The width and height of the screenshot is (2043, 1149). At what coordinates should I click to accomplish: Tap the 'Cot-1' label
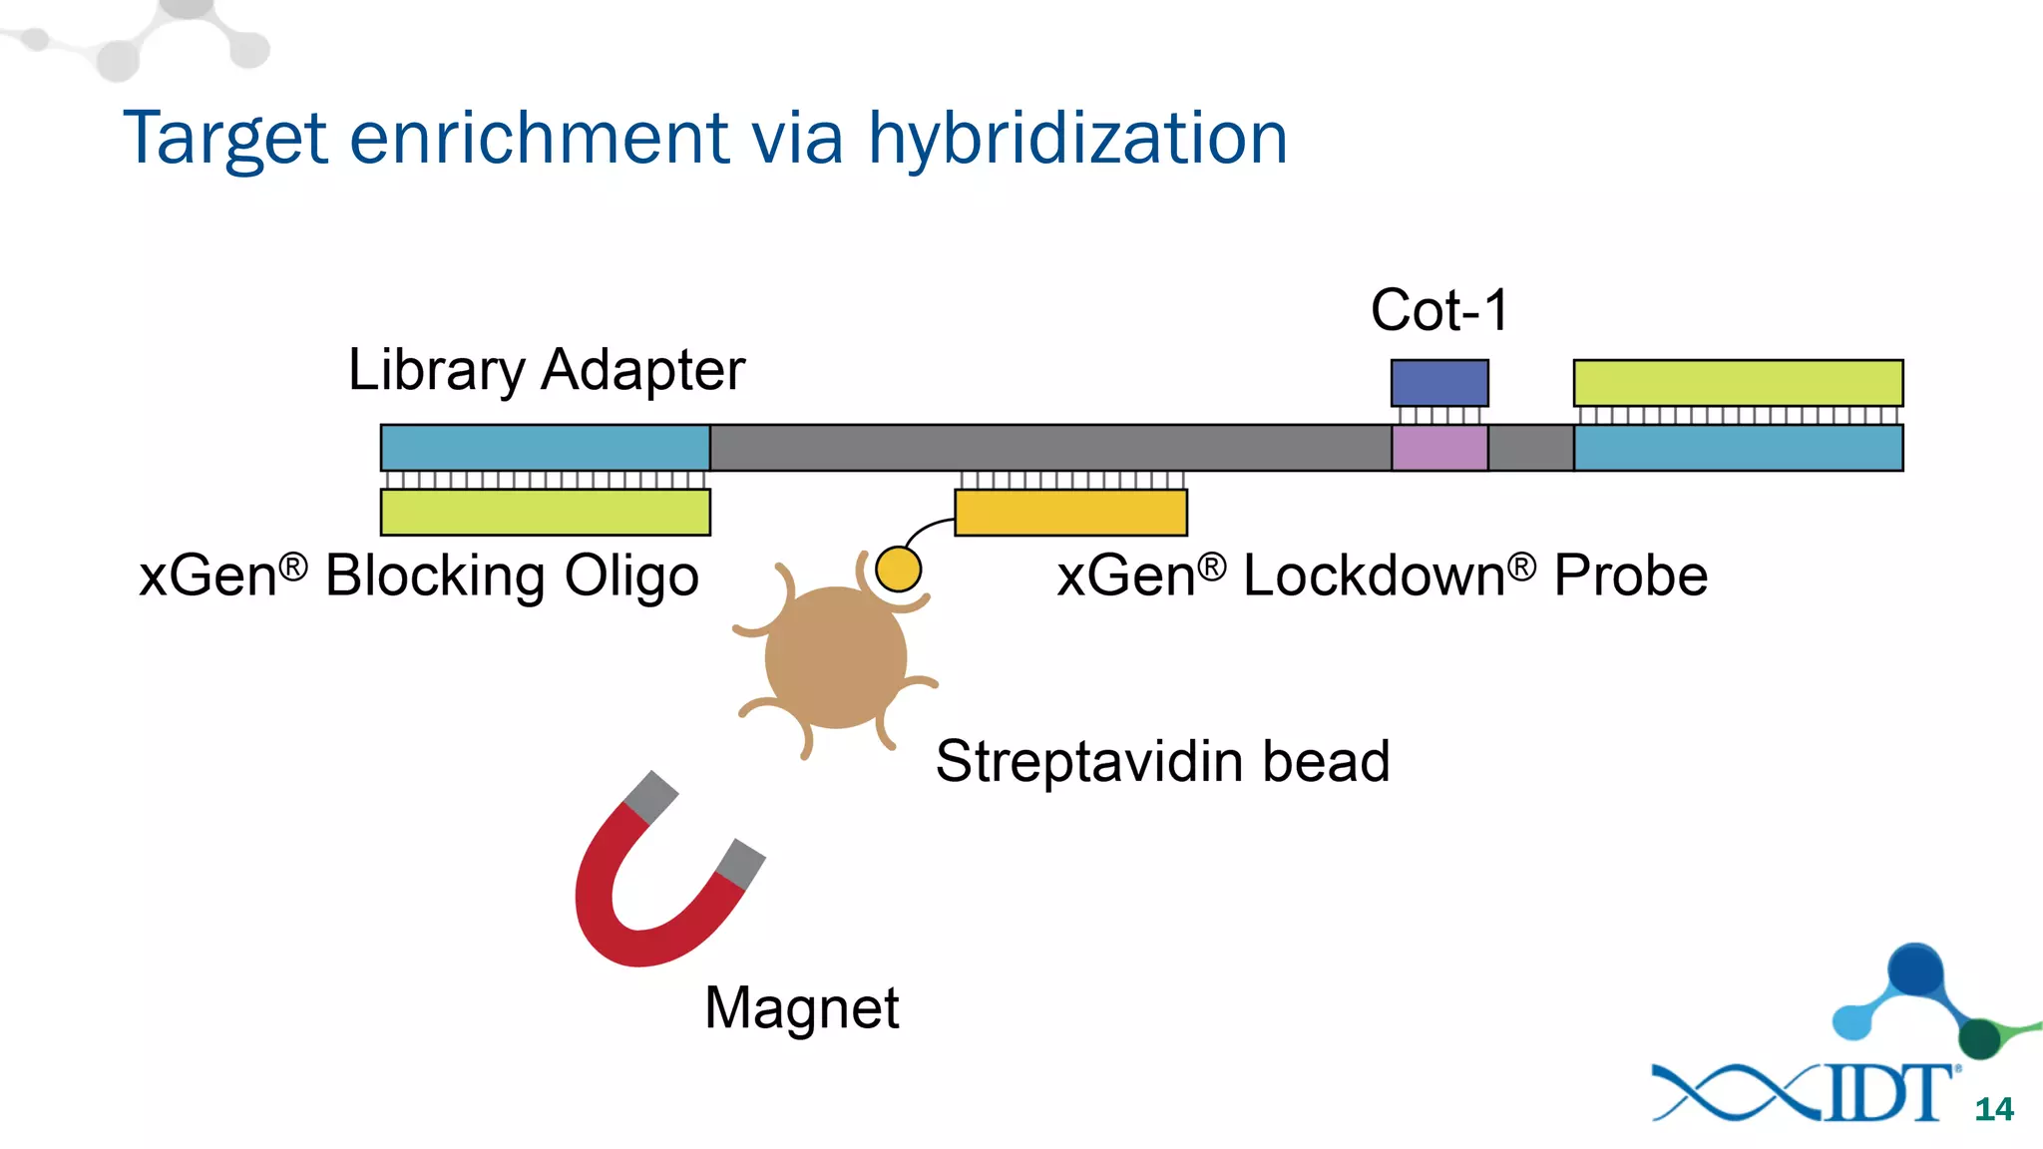(1438, 310)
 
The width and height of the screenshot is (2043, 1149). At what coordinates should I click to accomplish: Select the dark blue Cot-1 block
(1439, 383)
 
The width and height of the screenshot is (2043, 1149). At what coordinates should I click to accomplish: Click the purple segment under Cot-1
(1439, 448)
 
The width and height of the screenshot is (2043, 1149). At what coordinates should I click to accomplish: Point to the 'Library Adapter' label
(546, 370)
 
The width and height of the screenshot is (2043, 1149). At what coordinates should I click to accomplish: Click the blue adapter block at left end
(545, 448)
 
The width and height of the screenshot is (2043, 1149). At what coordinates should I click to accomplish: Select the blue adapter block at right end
(1738, 448)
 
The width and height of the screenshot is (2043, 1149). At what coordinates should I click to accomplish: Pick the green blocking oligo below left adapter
(545, 512)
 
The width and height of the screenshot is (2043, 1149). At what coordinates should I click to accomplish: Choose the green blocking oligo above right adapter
(1738, 383)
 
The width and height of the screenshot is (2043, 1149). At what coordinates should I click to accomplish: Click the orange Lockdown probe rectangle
(1070, 513)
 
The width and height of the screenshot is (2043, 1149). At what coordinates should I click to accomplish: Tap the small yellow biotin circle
(898, 570)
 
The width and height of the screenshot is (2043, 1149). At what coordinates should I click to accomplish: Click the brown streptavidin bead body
(835, 658)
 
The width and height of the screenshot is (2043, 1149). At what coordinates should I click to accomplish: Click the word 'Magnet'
(801, 1008)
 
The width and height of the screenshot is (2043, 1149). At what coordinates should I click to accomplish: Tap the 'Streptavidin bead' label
(1162, 762)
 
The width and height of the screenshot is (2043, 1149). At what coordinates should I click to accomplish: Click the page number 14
(1993, 1109)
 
